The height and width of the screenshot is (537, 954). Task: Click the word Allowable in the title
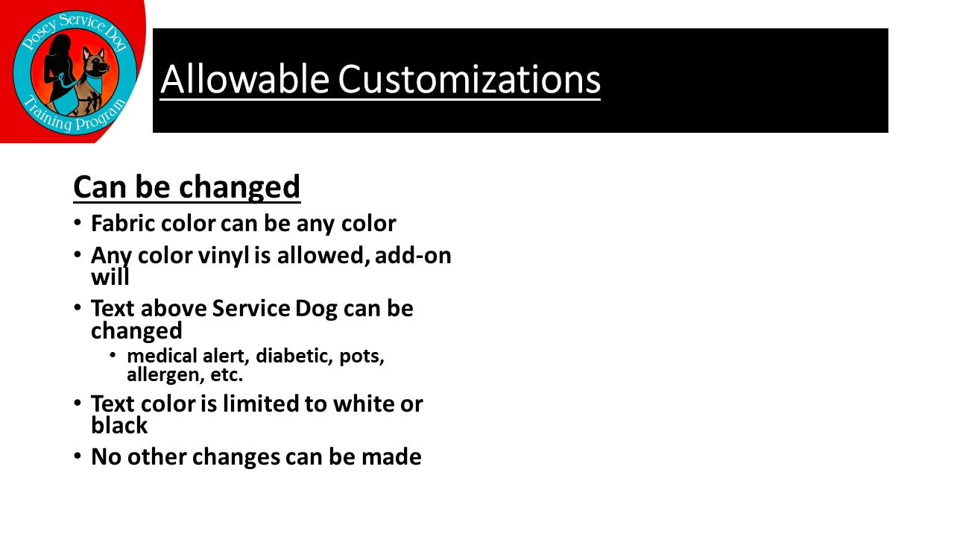point(245,79)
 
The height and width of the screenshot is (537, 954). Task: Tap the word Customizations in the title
point(470,79)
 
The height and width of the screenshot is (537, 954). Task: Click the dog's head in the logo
point(96,63)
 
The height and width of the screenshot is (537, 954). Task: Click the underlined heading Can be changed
point(186,187)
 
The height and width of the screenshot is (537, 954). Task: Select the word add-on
point(413,255)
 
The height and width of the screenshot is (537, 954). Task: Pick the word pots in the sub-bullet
point(361,357)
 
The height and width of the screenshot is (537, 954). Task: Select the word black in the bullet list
point(119,425)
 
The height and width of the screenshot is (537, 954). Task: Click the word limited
point(261,403)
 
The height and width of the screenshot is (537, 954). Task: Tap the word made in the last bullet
point(391,456)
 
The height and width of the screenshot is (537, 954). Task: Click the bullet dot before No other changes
point(77,456)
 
